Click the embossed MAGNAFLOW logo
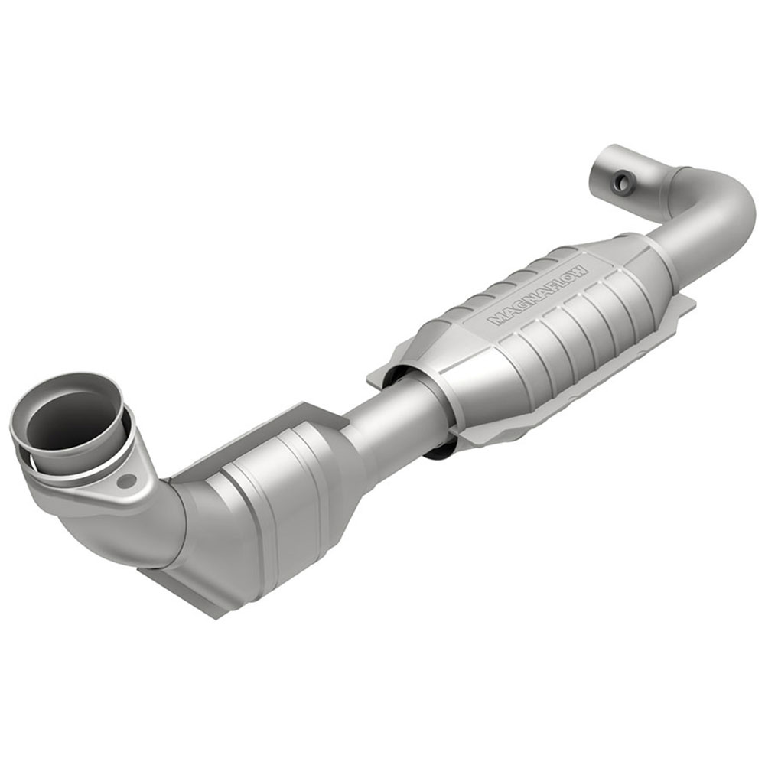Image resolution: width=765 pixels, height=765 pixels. coord(539,295)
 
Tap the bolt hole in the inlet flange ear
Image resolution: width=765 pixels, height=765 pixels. coord(127,480)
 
